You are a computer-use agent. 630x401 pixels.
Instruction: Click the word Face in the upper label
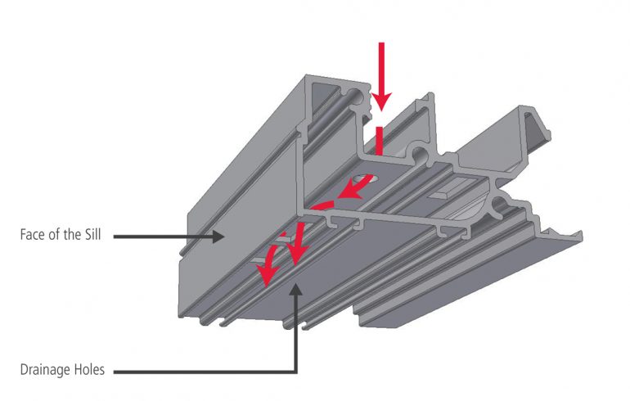(x=33, y=234)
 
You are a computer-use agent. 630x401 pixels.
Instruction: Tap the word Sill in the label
(x=92, y=234)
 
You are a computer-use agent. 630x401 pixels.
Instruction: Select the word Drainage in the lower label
(x=45, y=370)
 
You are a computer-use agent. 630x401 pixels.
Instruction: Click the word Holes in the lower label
(x=89, y=369)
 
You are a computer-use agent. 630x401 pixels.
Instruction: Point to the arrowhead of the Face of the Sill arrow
(x=218, y=237)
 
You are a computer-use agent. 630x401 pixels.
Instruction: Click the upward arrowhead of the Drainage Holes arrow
(x=296, y=289)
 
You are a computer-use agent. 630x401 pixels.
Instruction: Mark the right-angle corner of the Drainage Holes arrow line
(x=296, y=372)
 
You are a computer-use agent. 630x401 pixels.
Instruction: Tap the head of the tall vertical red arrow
(x=381, y=102)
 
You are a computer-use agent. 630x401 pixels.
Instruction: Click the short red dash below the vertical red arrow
(x=379, y=141)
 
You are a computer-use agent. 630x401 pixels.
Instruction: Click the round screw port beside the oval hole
(x=420, y=155)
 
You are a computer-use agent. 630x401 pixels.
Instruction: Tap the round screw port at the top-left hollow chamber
(x=357, y=98)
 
